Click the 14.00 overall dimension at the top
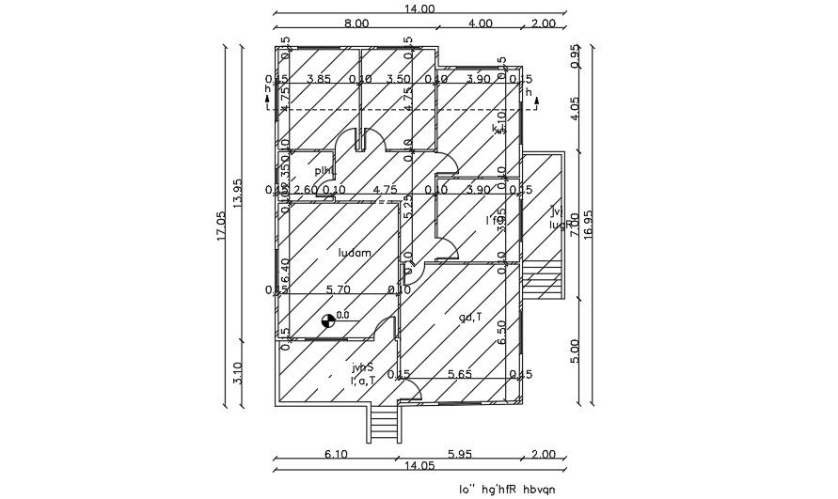419,8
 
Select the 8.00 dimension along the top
356,23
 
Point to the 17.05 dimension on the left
221,226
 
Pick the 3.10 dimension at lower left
239,374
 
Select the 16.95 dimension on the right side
589,225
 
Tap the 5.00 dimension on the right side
576,349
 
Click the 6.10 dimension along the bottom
337,454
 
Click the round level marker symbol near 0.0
326,321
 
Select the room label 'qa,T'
470,317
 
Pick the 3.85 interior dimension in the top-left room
320,79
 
